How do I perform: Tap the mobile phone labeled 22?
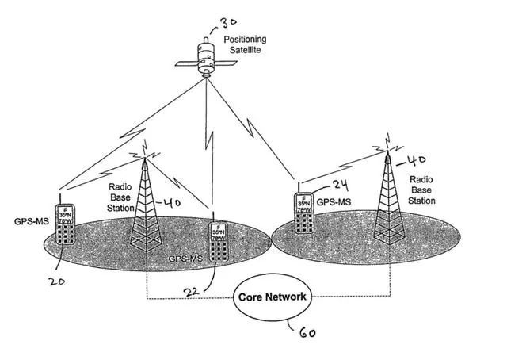coord(218,243)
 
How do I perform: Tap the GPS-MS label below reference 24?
coord(335,203)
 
